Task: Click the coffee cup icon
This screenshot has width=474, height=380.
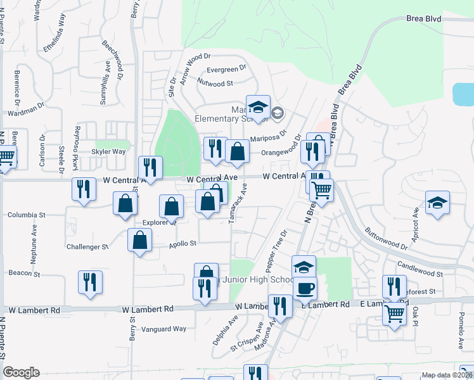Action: (305, 288)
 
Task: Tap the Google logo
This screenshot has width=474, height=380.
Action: (21, 372)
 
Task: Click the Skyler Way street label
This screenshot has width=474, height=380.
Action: (108, 152)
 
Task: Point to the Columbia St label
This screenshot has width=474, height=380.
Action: (27, 215)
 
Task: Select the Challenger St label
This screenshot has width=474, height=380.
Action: (87, 246)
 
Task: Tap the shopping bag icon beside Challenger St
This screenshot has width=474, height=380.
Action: (140, 241)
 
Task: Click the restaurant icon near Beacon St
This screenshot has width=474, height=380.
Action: (90, 282)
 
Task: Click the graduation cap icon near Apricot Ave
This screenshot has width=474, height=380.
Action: (437, 203)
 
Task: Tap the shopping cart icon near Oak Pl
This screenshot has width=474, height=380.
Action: (395, 313)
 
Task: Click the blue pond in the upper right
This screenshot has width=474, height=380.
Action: (463, 94)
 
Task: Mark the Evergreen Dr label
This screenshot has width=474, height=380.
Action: (226, 70)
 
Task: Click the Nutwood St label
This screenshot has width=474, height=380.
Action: (215, 83)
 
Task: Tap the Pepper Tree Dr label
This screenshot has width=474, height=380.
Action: (277, 248)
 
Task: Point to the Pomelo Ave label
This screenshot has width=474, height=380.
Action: (461, 334)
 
